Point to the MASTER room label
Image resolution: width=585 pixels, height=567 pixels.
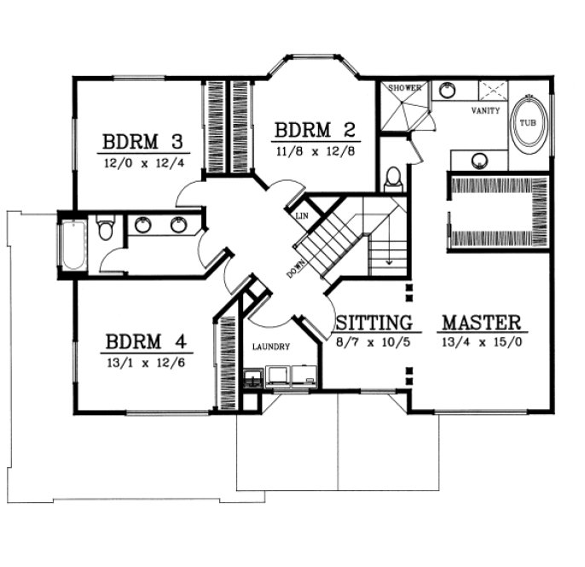click(x=481, y=323)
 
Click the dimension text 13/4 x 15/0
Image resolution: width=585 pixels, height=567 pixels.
click(x=481, y=341)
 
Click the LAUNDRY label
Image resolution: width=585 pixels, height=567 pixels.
click(x=272, y=348)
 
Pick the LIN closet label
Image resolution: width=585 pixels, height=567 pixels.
click(x=301, y=217)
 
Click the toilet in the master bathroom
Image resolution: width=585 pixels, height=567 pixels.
click(x=393, y=178)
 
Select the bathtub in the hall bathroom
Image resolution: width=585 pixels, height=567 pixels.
click(x=74, y=245)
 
